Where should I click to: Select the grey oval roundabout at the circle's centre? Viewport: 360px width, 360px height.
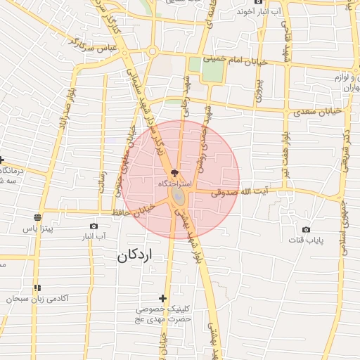pos(177,196)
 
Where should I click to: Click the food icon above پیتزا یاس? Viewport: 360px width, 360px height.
pos(37,217)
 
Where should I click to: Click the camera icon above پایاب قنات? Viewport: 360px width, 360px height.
pos(306,230)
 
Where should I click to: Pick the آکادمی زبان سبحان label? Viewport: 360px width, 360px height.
pos(38,299)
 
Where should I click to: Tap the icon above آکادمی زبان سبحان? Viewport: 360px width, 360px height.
pos(37,288)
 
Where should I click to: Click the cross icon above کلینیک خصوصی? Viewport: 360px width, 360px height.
pos(163,299)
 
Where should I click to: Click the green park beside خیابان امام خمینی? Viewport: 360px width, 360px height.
pos(205,70)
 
